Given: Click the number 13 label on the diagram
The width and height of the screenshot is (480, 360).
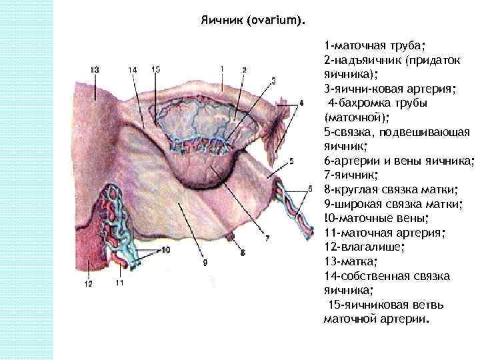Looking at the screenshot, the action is (95, 69).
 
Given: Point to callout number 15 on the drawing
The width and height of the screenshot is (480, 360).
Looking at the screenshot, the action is (155, 69).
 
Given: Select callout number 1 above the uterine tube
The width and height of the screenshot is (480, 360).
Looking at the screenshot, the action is (221, 68).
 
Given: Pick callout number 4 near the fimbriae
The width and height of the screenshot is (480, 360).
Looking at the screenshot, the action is (301, 103).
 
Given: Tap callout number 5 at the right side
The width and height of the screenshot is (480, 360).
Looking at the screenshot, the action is (291, 161).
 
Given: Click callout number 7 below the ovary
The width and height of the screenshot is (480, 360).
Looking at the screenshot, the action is (267, 237).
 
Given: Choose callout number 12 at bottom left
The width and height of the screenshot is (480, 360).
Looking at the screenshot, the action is (88, 283).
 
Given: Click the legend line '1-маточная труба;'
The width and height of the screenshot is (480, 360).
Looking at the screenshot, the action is (375, 46).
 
